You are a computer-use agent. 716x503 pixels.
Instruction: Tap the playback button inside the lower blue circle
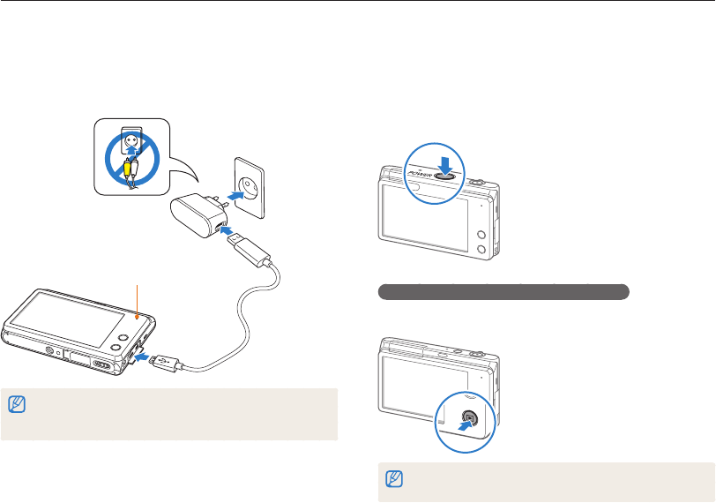coord(470,418)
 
